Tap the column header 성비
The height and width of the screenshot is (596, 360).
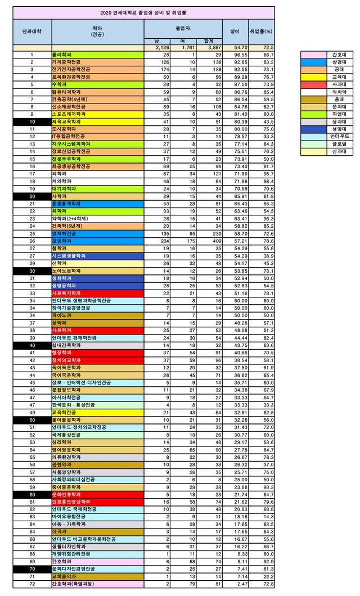[x=235, y=31]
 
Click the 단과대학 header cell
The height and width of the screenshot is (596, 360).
[x=32, y=31]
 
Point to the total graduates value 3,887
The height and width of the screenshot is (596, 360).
[x=209, y=48]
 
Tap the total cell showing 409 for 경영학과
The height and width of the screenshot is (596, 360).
[x=209, y=240]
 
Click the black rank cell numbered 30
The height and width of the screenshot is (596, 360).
[x=32, y=270]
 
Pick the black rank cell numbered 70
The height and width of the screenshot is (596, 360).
[x=32, y=568]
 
